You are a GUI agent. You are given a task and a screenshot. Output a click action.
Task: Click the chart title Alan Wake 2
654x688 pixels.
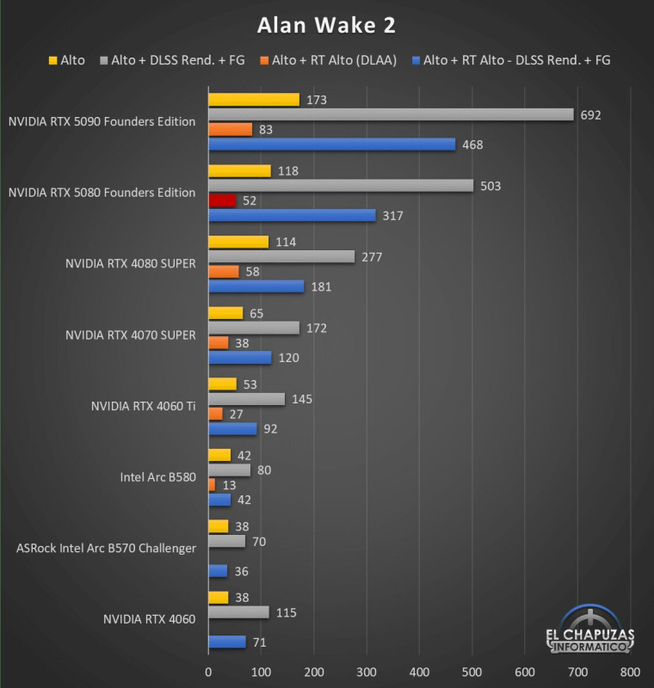326,26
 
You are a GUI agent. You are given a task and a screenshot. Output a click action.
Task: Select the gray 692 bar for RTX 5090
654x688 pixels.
391,114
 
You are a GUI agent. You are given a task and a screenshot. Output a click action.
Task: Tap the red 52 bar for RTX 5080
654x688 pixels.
222,200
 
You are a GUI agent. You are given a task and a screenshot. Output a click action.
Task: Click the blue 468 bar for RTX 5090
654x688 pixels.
331,144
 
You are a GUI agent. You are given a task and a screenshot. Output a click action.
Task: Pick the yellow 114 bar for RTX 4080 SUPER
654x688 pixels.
238,242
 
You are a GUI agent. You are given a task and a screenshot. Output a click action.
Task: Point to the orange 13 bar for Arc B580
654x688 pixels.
212,485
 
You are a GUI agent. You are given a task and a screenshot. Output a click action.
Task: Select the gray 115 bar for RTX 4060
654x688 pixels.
238,612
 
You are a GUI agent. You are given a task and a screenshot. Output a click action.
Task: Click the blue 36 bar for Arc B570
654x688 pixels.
218,571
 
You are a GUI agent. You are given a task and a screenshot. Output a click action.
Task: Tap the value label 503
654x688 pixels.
490,186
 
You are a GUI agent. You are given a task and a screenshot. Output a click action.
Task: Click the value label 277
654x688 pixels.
372,257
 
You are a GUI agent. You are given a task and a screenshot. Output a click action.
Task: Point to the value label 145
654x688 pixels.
302,399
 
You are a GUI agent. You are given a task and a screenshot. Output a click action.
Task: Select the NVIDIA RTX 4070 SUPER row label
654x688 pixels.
131,335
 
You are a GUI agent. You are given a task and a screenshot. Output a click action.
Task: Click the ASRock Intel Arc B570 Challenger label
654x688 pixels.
107,548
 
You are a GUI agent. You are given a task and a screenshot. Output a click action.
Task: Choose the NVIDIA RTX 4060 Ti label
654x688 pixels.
143,406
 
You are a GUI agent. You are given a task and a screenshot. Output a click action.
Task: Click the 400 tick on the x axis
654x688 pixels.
419,672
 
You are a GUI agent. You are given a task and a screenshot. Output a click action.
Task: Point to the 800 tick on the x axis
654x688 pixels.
630,672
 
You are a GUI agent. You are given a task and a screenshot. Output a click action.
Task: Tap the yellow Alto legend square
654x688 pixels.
52,61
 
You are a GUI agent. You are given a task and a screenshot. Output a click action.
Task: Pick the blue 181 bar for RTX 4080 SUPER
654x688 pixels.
256,286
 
